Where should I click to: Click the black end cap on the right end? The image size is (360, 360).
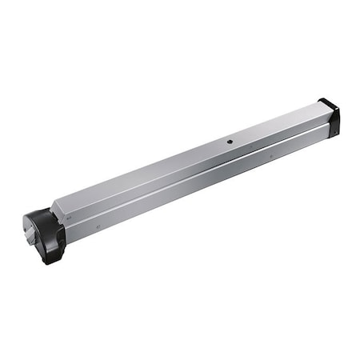click(x=329, y=118)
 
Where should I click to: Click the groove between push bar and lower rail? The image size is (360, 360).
click(x=192, y=170)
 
